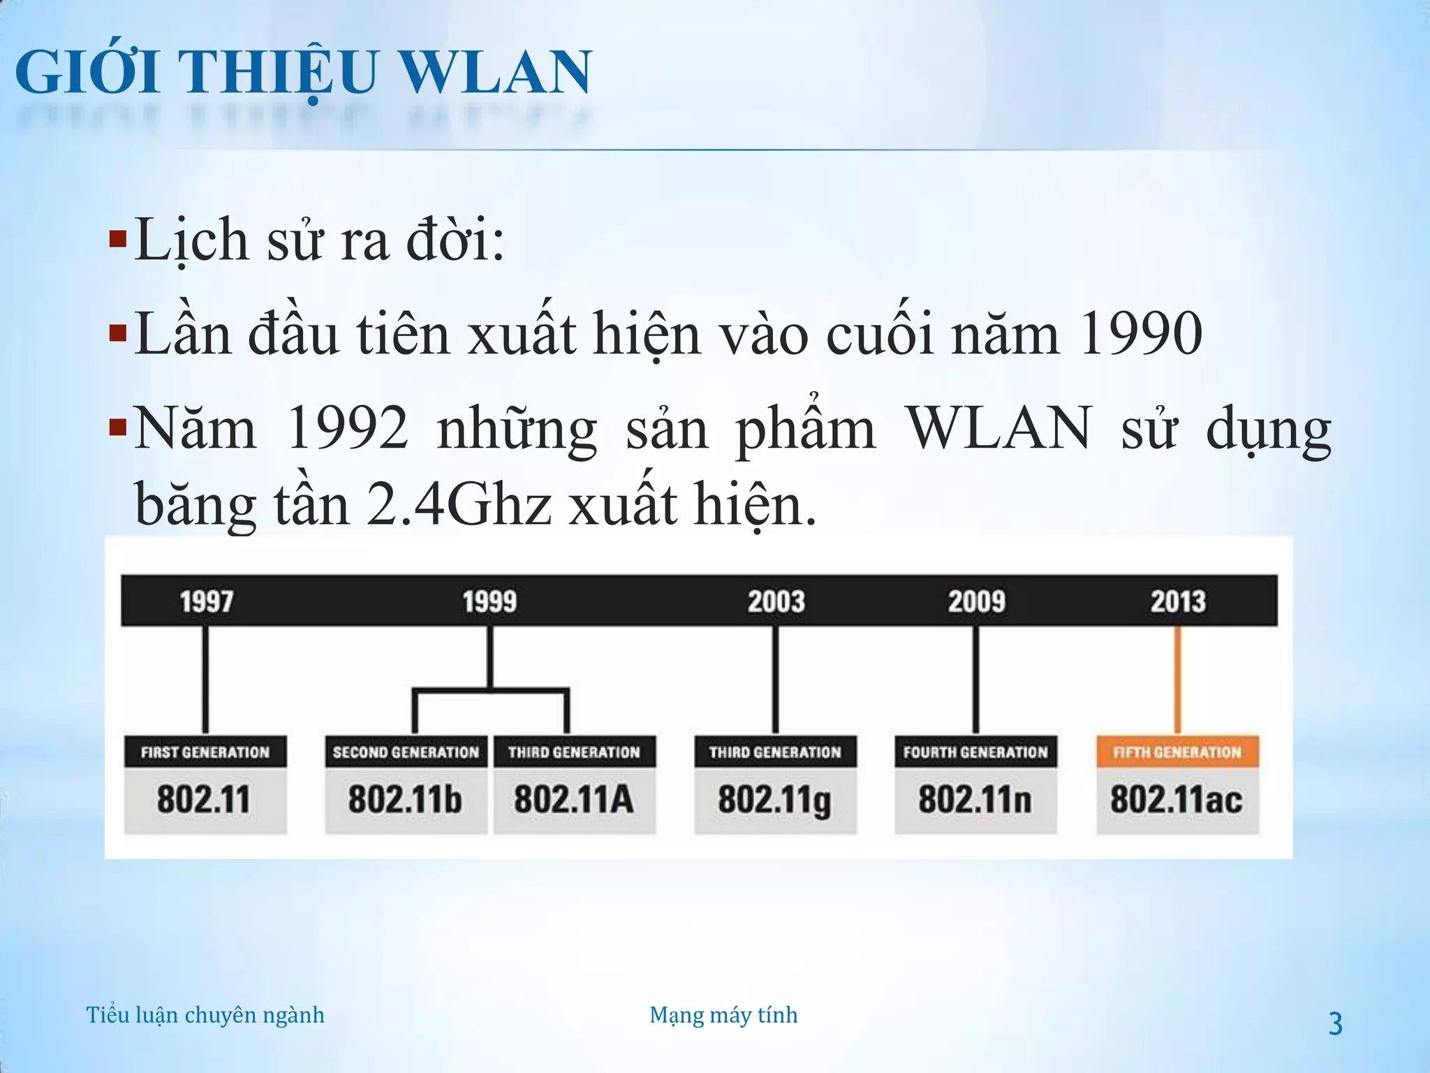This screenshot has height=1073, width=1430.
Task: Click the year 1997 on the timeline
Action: [207, 601]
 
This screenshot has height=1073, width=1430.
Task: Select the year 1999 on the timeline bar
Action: [489, 601]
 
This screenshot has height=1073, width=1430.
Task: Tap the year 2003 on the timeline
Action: [776, 601]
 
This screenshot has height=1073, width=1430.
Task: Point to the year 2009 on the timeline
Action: [976, 601]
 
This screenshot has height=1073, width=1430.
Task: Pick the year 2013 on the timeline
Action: [1178, 601]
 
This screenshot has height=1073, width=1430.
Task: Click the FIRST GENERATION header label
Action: [205, 752]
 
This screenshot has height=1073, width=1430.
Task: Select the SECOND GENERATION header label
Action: [406, 752]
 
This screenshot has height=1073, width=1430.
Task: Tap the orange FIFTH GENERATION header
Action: [1177, 752]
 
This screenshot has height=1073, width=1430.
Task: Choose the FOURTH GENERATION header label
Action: [975, 752]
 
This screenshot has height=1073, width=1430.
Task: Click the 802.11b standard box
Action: [406, 801]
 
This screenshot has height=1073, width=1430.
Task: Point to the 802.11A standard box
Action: [574, 801]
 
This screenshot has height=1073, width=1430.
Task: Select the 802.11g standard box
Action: [775, 801]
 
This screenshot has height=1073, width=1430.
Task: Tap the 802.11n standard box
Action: [975, 801]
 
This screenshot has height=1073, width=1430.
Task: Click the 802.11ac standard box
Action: [1177, 801]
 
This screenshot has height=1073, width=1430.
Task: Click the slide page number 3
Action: [1335, 1024]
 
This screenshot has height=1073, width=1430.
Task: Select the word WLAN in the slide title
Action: [494, 73]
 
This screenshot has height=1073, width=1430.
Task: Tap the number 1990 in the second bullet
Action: [1140, 334]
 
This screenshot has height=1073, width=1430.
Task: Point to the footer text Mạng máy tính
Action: [723, 1015]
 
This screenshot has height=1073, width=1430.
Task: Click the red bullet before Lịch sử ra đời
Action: [118, 240]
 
